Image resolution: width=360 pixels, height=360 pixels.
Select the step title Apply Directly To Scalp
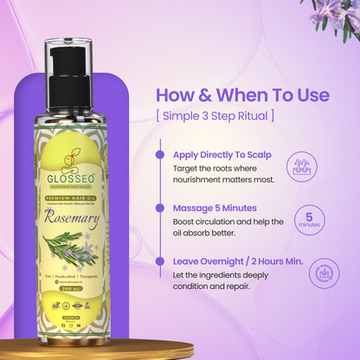(x=222, y=154)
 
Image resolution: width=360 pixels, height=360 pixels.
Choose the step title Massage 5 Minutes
(x=211, y=208)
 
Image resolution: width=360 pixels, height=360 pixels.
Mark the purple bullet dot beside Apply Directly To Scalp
(x=161, y=154)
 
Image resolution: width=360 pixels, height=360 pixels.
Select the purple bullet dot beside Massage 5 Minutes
(x=161, y=208)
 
